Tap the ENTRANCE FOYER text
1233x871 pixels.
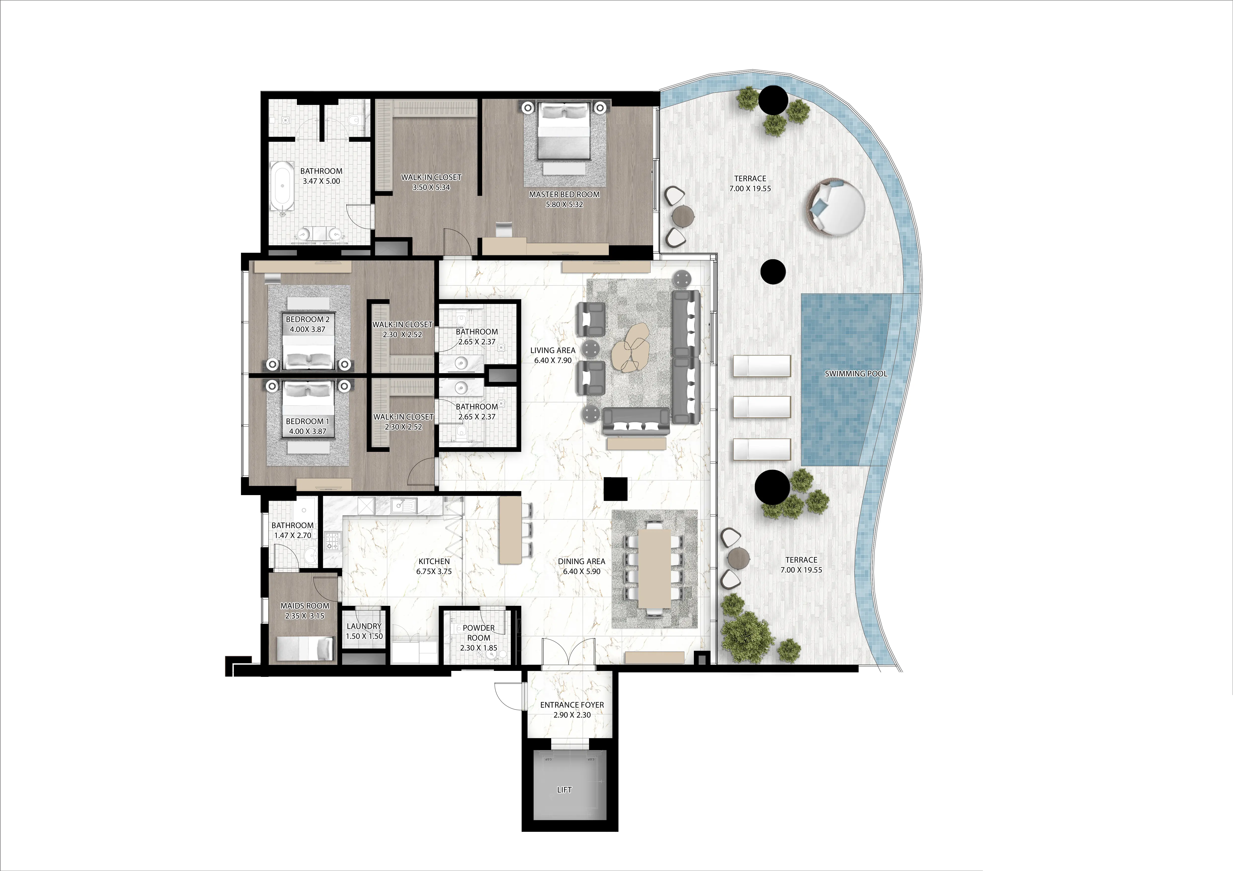572,705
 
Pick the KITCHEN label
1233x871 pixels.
434,561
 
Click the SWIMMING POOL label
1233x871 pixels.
855,373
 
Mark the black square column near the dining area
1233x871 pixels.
615,488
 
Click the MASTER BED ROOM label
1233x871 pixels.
564,194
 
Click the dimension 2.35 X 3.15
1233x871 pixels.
305,616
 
